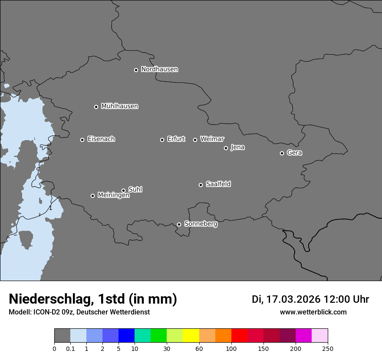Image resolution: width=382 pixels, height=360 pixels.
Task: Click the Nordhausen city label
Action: (x=159, y=69)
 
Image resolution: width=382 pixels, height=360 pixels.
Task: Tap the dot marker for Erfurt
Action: (x=162, y=140)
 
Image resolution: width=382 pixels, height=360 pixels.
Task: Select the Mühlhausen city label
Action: (x=119, y=106)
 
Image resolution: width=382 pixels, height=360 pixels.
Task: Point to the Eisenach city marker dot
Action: (x=82, y=140)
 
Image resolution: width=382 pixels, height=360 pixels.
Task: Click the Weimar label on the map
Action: (x=212, y=139)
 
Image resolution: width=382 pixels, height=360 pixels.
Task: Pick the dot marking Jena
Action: (x=226, y=148)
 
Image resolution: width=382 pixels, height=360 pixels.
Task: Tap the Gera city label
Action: (x=294, y=153)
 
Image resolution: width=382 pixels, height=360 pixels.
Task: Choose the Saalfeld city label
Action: (x=218, y=184)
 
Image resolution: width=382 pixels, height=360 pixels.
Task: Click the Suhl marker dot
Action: (x=123, y=190)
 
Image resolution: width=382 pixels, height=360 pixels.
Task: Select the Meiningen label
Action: (x=113, y=196)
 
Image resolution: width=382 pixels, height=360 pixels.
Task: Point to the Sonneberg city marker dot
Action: (x=179, y=224)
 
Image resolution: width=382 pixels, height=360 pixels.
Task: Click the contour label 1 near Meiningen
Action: (x=50, y=208)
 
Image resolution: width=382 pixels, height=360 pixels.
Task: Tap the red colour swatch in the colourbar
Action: (x=239, y=336)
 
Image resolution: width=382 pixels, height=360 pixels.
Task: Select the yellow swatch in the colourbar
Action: (x=191, y=336)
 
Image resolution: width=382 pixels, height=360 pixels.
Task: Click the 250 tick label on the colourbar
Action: (x=328, y=349)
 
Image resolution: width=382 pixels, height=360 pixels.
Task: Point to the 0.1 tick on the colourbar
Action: (x=70, y=349)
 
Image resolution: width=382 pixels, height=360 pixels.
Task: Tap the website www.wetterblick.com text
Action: (x=313, y=312)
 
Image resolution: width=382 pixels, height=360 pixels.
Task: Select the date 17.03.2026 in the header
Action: (x=293, y=299)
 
